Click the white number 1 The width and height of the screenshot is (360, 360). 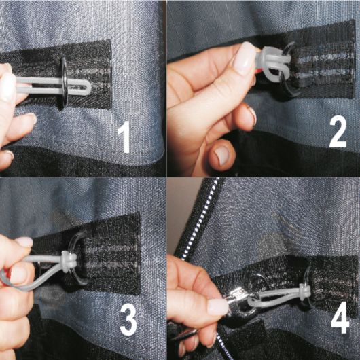(x=125, y=137)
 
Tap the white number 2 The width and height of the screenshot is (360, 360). (x=338, y=131)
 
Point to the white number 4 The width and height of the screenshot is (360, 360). (x=340, y=317)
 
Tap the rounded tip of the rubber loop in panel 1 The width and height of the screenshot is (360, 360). (x=89, y=87)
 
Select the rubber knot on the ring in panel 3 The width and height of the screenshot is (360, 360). (x=69, y=262)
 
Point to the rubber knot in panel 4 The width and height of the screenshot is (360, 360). (x=304, y=291)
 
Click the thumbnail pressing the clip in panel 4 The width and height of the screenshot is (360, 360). (x=217, y=307)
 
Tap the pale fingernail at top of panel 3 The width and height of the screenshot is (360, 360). (x=24, y=241)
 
